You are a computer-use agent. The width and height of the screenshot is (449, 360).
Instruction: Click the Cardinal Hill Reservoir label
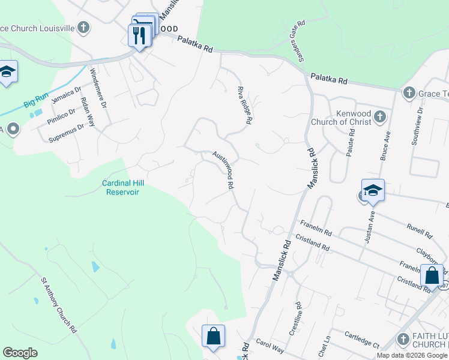tap(123, 187)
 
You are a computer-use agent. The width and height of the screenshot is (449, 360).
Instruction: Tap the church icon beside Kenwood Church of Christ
tap(379, 116)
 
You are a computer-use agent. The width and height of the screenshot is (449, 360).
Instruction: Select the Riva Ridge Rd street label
tap(244, 105)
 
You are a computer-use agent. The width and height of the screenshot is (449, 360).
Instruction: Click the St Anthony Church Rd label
tap(59, 305)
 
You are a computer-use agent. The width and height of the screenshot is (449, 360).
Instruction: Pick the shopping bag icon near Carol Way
tap(213, 337)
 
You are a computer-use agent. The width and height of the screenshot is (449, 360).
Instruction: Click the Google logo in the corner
tap(20, 353)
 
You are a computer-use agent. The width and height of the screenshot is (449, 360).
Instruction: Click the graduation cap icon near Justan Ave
tap(373, 191)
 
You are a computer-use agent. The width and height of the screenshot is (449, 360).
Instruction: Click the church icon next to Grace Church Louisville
tap(83, 27)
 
